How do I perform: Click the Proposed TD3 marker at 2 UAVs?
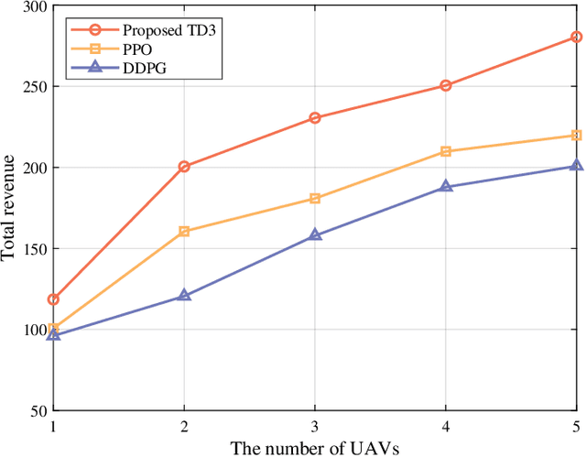coord(184,167)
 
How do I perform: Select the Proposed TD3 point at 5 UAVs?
coord(577,38)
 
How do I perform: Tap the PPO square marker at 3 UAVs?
coord(315,199)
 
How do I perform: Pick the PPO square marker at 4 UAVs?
coord(446,151)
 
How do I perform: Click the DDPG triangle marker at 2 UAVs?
coord(184,295)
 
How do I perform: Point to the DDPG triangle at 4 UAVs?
coord(446,186)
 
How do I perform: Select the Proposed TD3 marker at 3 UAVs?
coord(315,118)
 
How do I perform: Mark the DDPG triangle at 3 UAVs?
coord(315,234)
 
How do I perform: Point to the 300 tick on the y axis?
coord(34,6)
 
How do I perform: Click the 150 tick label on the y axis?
coord(34,248)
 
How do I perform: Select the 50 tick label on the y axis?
coord(38,409)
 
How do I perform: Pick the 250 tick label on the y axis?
coord(34,87)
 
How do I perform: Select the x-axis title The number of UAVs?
coord(315,446)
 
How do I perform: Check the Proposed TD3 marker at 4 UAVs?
coord(446,86)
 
